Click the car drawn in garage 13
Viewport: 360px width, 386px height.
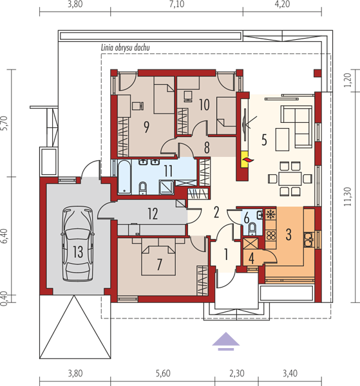click(78, 243)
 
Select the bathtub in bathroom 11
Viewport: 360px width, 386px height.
click(124, 176)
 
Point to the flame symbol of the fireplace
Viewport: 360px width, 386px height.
click(248, 160)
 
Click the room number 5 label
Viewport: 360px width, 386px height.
click(264, 140)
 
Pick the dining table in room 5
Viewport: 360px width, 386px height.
click(290, 178)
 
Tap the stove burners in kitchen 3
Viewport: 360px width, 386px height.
click(271, 235)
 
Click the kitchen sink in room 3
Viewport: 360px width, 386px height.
click(308, 239)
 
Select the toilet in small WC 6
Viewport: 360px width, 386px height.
click(252, 228)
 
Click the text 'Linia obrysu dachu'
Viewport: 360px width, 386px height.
click(125, 48)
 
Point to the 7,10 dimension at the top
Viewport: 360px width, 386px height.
click(176, 5)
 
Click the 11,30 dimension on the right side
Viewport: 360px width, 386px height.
click(347, 197)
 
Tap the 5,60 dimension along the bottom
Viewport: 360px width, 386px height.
click(163, 373)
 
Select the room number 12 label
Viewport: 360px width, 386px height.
click(153, 214)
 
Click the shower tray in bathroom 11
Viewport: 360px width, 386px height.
click(167, 187)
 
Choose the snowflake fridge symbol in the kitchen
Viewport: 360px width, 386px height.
click(270, 214)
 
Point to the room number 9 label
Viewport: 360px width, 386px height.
click(147, 127)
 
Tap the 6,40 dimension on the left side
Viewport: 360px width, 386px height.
click(5, 236)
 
